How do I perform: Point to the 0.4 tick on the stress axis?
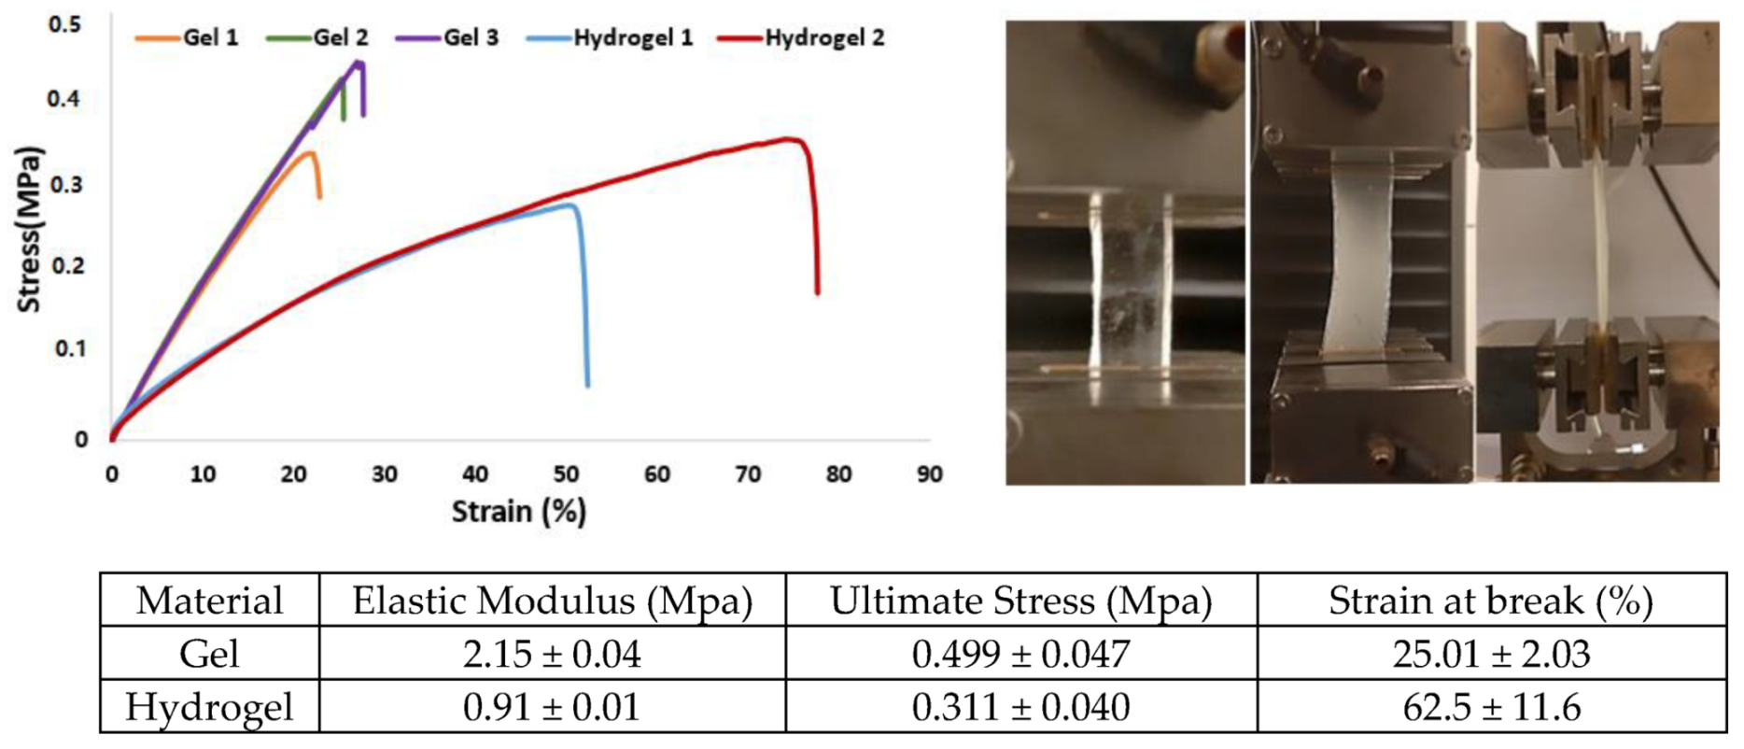(x=63, y=98)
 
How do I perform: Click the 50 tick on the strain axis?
(x=566, y=474)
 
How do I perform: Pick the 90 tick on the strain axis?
(x=929, y=474)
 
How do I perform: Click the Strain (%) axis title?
(x=518, y=512)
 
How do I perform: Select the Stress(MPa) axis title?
(x=30, y=229)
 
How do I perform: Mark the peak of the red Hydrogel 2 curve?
(x=790, y=139)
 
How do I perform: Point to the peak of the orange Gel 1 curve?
(x=309, y=152)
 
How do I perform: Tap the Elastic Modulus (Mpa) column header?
(x=552, y=601)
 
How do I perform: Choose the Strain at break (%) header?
(x=1490, y=601)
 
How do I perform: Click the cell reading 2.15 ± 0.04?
(x=552, y=654)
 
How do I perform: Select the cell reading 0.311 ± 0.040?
(x=1020, y=707)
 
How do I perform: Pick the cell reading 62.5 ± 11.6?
(x=1490, y=707)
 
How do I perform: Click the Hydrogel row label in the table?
(x=209, y=707)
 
